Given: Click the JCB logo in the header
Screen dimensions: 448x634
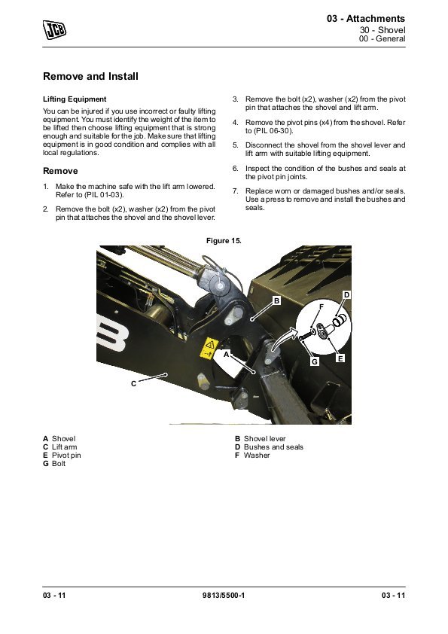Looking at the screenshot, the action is (x=54, y=30).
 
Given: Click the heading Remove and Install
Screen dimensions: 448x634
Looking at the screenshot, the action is (x=90, y=76).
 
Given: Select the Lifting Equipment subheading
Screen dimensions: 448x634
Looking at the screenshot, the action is (x=75, y=99).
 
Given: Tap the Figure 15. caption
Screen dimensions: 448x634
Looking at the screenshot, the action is (x=224, y=241).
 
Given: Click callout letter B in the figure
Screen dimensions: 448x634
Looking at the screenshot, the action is (x=276, y=301).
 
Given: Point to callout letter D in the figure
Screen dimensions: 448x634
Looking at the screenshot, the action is (x=346, y=294).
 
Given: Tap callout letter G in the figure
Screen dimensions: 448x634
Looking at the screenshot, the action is (x=315, y=361).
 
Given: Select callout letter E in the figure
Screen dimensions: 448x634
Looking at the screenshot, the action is (x=340, y=358).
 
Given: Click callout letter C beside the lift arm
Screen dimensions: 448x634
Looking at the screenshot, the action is (x=134, y=384).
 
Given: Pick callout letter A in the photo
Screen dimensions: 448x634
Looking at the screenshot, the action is (x=227, y=355).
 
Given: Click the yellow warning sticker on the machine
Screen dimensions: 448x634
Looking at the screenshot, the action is (x=209, y=348).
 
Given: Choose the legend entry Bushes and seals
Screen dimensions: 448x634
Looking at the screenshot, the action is (x=273, y=447).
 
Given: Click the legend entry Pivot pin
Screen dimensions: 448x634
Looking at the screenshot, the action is (x=66, y=456).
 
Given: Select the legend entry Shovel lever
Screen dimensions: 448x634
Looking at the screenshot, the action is (x=264, y=439).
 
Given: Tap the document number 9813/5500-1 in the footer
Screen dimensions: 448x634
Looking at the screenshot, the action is (x=224, y=595).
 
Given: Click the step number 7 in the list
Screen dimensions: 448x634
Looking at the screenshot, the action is (x=236, y=191).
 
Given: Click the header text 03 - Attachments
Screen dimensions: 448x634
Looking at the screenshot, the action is (x=366, y=19).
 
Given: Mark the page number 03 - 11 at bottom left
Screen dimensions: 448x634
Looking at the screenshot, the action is (x=54, y=595).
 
